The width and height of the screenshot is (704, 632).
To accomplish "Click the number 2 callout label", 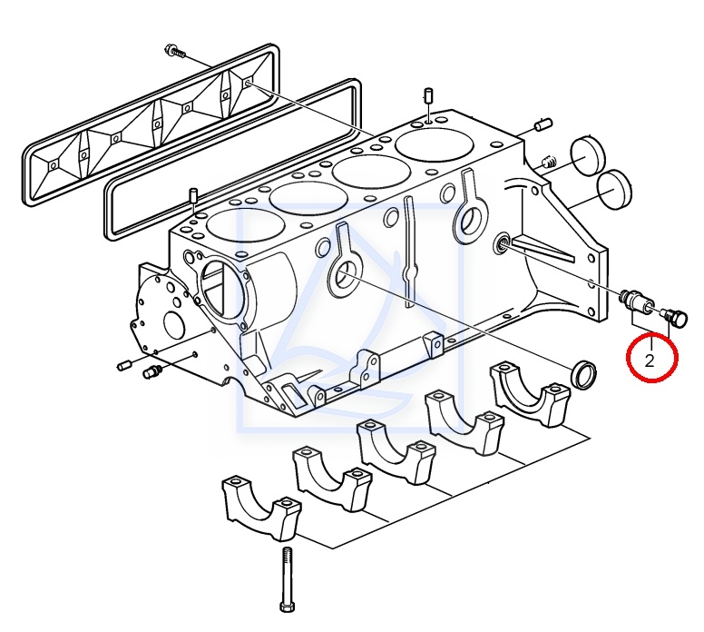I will point(650,360).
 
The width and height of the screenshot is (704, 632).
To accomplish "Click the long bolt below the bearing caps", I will point(288,582).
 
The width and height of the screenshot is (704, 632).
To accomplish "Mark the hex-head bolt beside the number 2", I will point(676,317).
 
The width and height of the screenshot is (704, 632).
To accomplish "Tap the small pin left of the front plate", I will point(125,365).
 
